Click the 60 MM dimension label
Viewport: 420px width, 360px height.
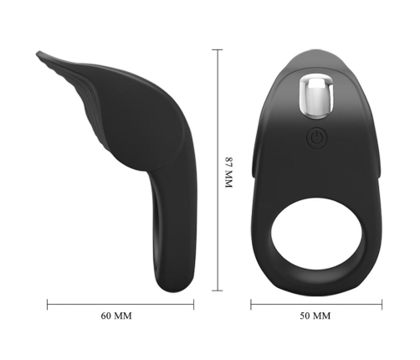pos(116,316)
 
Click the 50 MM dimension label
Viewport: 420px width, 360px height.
pos(315,316)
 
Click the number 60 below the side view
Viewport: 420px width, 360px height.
pos(106,316)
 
